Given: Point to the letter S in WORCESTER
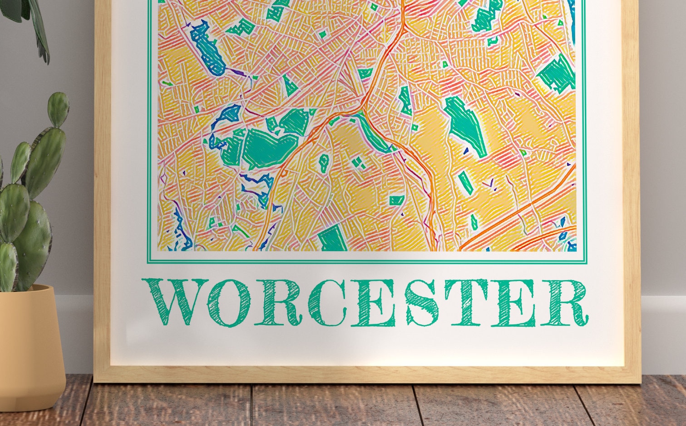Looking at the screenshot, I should pos(422,302).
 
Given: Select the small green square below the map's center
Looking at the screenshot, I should pos(396,200).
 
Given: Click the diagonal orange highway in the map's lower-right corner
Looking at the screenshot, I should pos(522,211).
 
